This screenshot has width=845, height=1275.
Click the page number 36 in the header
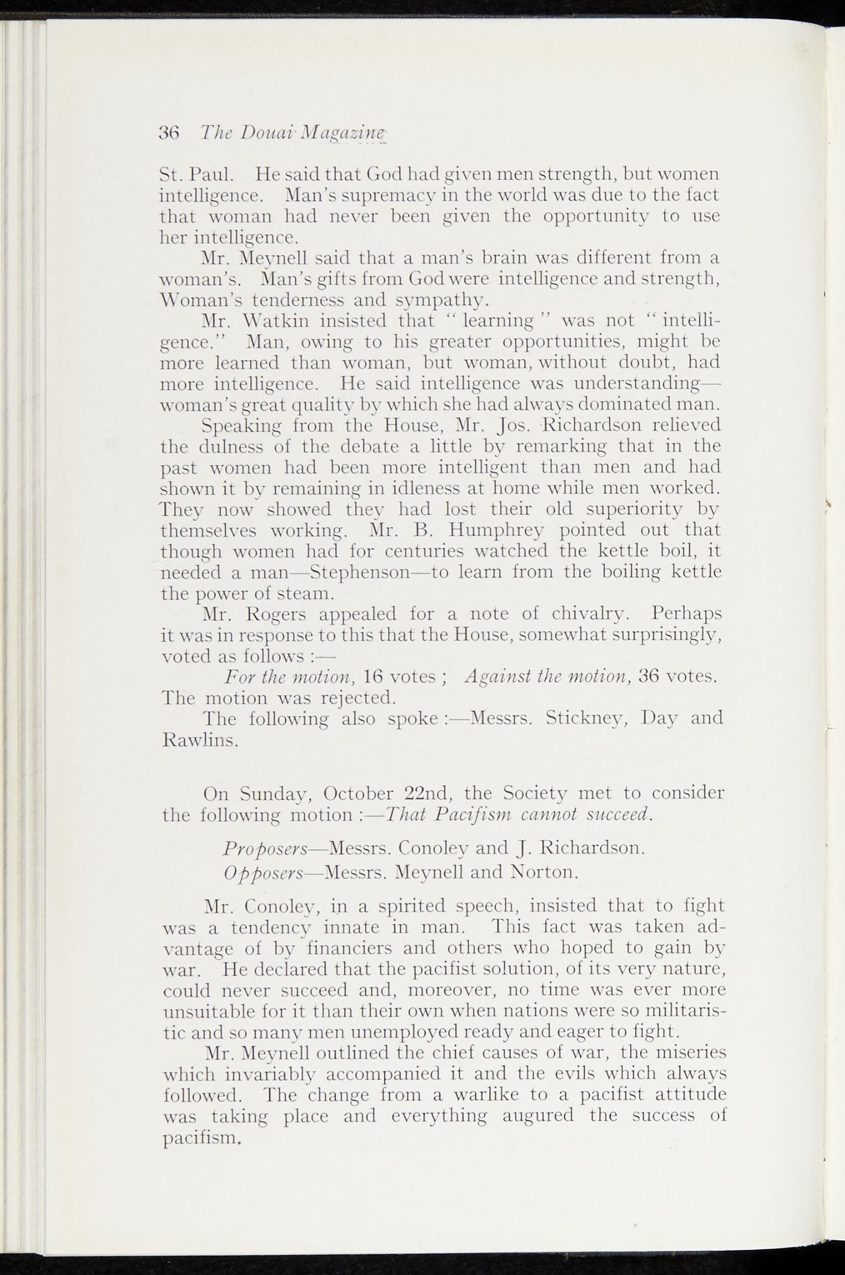point(169,133)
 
